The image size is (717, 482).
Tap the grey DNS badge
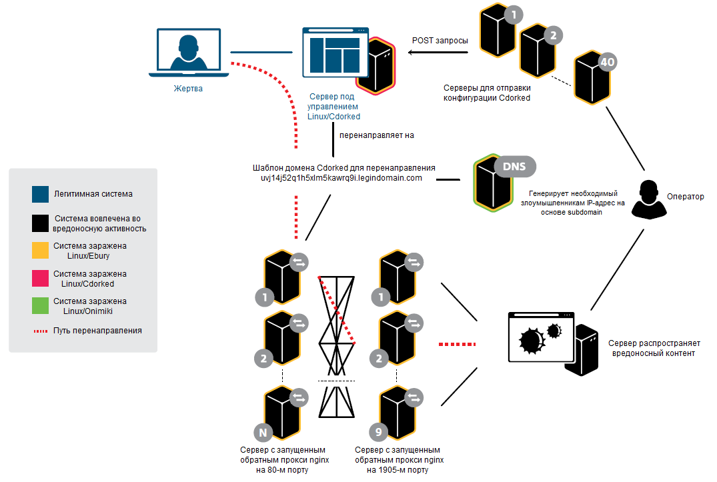[515, 165]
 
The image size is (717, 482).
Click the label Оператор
[685, 197]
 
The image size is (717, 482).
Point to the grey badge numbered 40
[607, 63]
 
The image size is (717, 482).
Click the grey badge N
[263, 433]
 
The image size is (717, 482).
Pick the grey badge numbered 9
[378, 433]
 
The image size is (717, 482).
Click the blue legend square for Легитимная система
[40, 194]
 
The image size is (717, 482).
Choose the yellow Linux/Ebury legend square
[40, 251]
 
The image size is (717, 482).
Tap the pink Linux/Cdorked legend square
[40, 279]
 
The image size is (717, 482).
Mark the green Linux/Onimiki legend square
[40, 306]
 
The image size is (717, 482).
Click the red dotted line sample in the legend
[41, 331]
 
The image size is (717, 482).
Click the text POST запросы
[440, 41]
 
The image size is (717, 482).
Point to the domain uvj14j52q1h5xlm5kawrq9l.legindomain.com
[341, 178]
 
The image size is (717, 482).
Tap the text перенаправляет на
[377, 135]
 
